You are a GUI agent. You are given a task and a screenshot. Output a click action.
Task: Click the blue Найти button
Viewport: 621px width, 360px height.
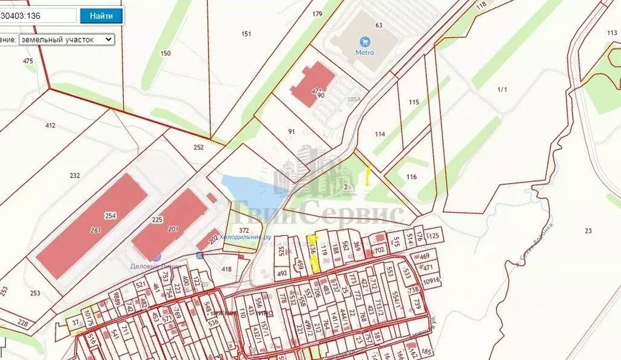101,16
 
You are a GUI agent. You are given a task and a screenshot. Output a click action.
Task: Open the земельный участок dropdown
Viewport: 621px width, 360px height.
66,39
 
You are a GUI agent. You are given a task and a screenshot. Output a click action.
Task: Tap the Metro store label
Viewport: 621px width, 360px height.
364,53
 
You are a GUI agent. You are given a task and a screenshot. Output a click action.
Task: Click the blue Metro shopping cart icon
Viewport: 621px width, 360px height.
364,42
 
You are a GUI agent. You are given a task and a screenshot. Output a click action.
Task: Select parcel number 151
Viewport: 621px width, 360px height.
246,34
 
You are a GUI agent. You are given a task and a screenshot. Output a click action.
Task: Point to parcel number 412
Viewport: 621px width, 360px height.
50,125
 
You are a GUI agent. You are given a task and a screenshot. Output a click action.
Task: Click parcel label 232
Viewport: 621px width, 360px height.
75,176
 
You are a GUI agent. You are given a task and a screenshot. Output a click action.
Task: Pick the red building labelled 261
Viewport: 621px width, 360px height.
95,230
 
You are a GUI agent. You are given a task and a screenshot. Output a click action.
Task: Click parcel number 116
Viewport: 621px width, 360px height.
412,177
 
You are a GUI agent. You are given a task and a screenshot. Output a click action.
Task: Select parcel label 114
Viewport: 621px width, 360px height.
380,134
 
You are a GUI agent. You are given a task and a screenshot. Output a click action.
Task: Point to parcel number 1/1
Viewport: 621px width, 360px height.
502,90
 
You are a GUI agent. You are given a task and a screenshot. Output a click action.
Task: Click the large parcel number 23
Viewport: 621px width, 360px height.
588,230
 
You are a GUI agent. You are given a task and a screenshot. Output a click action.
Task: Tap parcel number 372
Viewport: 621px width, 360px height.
244,230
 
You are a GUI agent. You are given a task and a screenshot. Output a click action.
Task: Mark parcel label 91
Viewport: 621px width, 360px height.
291,131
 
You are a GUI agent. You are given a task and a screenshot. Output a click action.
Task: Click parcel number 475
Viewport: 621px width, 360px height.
28,61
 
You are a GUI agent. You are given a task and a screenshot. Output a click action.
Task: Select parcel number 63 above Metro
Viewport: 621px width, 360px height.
379,25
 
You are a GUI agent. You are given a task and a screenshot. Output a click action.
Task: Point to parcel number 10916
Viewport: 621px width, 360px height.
431,280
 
